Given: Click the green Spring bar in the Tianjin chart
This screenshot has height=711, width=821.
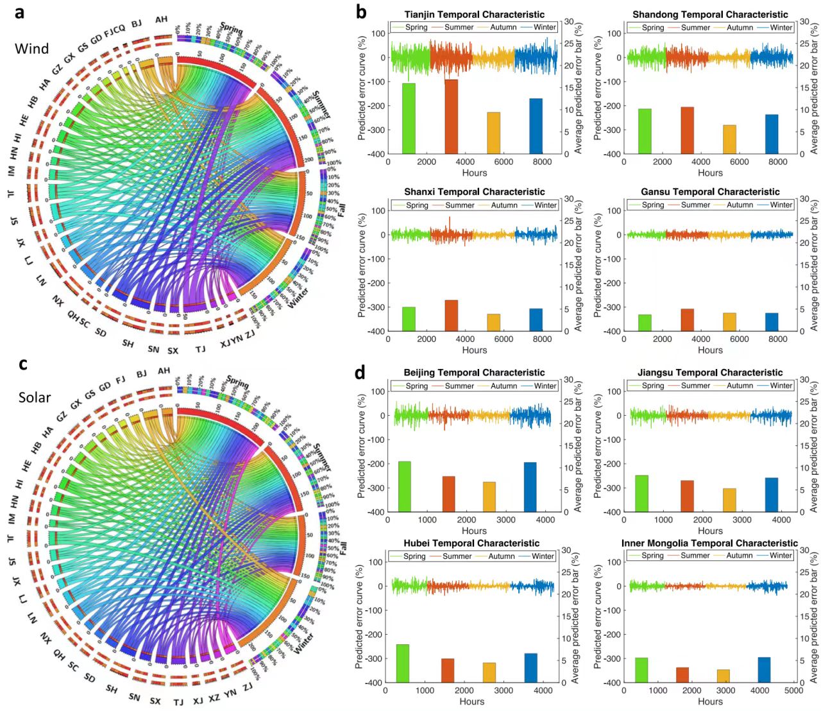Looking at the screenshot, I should coord(409,119).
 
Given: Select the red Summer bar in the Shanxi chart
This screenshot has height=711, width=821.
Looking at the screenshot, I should coord(452,316).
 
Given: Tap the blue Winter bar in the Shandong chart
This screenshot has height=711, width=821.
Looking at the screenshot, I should coord(772,134).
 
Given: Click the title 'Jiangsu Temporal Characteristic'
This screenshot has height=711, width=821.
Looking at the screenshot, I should coord(710,372).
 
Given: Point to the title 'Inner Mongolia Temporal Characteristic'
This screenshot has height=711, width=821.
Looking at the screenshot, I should coord(709,543).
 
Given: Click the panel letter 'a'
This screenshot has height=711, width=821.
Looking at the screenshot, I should coord(20,11).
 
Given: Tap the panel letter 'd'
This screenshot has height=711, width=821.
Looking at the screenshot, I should coord(360,372).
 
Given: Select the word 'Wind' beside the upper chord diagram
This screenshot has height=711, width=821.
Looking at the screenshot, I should coord(31,49).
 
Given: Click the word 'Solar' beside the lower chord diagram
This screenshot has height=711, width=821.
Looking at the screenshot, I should coord(35,397).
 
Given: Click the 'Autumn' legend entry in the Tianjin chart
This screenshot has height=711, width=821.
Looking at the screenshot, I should coord(504,28).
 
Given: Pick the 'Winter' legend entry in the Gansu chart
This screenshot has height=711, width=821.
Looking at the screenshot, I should coord(781,205).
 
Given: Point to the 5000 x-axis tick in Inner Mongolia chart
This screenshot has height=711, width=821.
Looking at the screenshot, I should coord(793,690).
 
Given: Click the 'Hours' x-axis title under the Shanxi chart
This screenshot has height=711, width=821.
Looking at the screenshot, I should coord(474,350).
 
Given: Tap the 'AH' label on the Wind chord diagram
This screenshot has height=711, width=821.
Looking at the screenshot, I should coord(161,20).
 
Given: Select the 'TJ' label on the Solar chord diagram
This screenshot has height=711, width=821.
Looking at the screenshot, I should coord(178,702).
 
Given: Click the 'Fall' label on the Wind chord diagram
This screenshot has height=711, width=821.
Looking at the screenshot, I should coord(342,209).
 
